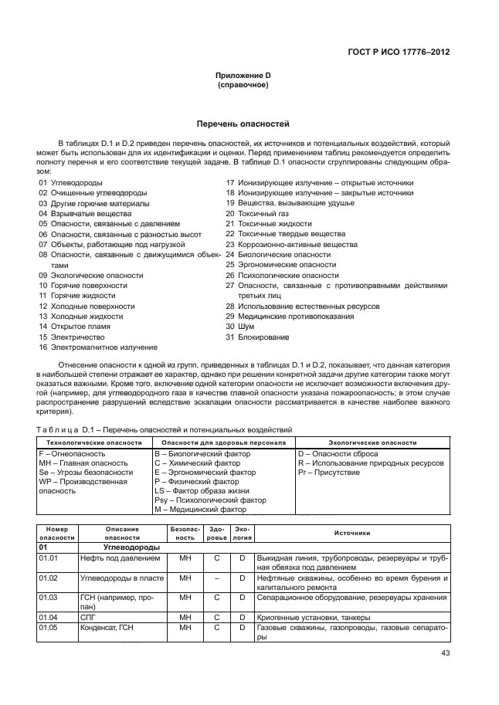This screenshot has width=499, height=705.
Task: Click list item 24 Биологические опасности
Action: coord(278,254)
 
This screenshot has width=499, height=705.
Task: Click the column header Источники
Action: coord(352,533)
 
